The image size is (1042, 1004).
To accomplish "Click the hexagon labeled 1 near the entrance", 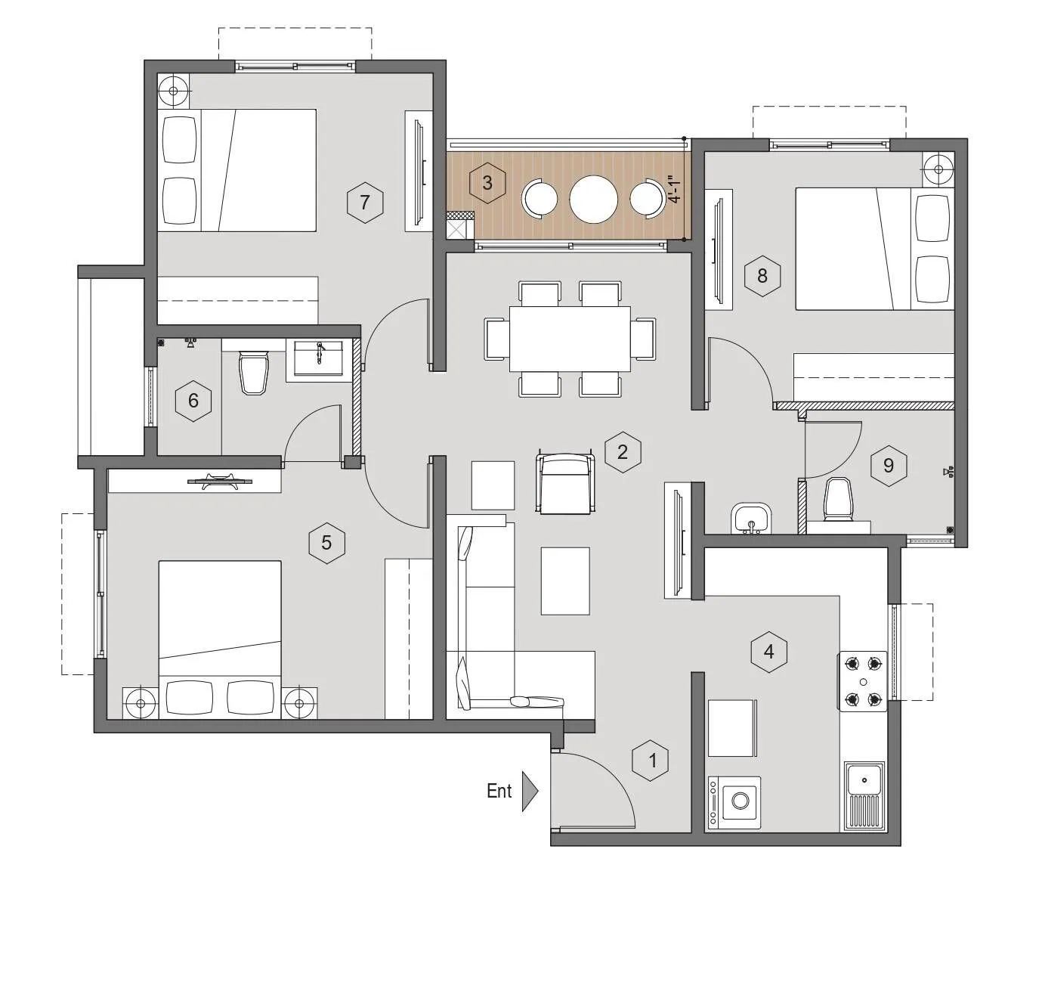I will pyautogui.click(x=654, y=760).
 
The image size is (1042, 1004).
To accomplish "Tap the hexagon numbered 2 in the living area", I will pyautogui.click(x=623, y=452).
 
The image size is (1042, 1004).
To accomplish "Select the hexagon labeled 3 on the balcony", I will pyautogui.click(x=487, y=182).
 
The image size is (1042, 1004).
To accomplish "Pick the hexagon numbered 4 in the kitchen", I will pyautogui.click(x=769, y=652).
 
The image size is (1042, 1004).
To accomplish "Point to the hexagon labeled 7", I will pyautogui.click(x=365, y=203).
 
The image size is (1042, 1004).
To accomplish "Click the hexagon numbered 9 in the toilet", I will pyautogui.click(x=889, y=465).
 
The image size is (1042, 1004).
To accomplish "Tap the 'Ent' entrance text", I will pyautogui.click(x=499, y=791).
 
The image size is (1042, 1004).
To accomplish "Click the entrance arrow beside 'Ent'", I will pyautogui.click(x=530, y=792).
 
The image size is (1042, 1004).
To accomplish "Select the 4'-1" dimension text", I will pyautogui.click(x=675, y=189).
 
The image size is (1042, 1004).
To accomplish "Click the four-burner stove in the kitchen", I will pyautogui.click(x=863, y=682).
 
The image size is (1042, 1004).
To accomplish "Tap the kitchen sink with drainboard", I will pyautogui.click(x=864, y=795).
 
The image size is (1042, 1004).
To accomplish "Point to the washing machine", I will pyautogui.click(x=735, y=801).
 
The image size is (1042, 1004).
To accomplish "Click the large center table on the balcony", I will pyautogui.click(x=594, y=199).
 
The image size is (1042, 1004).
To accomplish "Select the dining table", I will pyautogui.click(x=570, y=338).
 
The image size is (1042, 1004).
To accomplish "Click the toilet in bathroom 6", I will pyautogui.click(x=253, y=373).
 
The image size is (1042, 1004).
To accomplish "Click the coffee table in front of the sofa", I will pyautogui.click(x=565, y=581).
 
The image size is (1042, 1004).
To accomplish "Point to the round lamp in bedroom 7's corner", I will pyautogui.click(x=174, y=91).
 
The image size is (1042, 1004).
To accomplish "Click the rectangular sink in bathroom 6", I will pyautogui.click(x=318, y=356).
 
